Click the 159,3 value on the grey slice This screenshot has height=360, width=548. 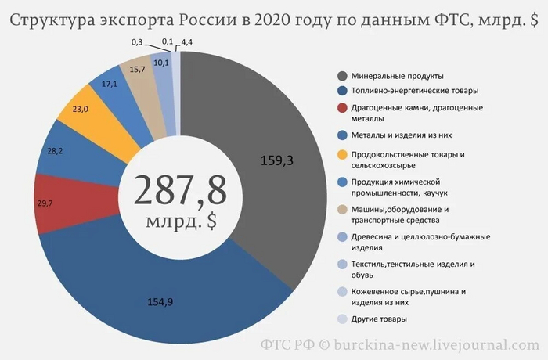tap(279, 161)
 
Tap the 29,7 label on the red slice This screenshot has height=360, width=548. tap(45, 203)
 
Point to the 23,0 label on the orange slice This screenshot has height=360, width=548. tap(79, 110)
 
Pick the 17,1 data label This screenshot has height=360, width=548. tap(110, 83)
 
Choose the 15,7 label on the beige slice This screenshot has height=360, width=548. tap(138, 70)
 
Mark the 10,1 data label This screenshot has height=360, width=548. tap(162, 63)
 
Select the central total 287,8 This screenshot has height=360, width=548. tap(180, 189)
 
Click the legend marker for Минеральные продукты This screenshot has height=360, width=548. tap(342, 76)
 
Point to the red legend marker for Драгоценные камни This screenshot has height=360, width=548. tap(342, 107)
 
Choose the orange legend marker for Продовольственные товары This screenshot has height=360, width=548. tap(342, 154)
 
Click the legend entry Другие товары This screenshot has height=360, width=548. tap(380, 319)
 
